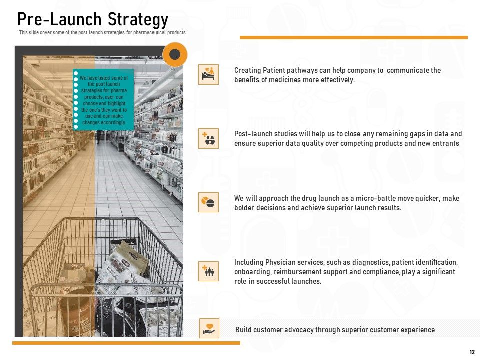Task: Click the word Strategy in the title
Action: tap(138, 20)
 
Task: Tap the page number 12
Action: tap(472, 352)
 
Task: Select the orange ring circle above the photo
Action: tap(175, 55)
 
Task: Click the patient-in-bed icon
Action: tap(208, 74)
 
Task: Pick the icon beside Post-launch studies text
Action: tap(208, 138)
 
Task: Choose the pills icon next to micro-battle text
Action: tap(208, 202)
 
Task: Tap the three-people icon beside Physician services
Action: tap(208, 271)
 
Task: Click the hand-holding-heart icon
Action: tap(209, 328)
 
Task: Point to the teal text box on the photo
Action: tap(103, 100)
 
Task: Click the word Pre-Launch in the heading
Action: tap(59, 19)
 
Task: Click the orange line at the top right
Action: tap(354, 37)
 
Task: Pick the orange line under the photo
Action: tap(126, 343)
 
